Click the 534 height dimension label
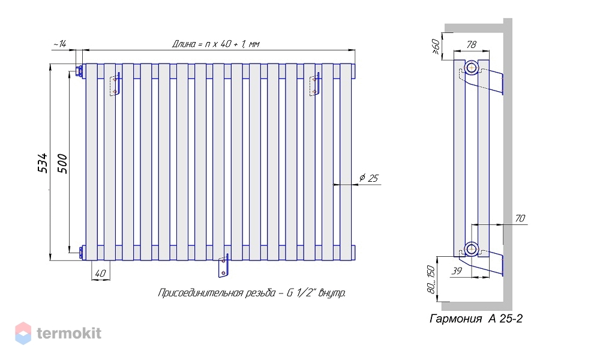[43, 163]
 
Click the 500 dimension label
[62, 164]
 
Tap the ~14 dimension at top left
[59, 44]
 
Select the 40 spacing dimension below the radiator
[100, 274]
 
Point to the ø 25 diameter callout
[368, 178]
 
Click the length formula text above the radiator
[215, 44]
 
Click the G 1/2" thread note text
[252, 293]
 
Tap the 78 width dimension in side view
[472, 45]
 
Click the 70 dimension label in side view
[520, 218]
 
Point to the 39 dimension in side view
[457, 271]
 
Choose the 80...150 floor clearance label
[431, 280]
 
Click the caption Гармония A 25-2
[476, 319]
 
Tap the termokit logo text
[69, 333]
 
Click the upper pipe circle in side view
[472, 68]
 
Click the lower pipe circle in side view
[472, 250]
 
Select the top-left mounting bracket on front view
[116, 85]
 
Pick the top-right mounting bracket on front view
[314, 84]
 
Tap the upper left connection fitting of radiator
[80, 71]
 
